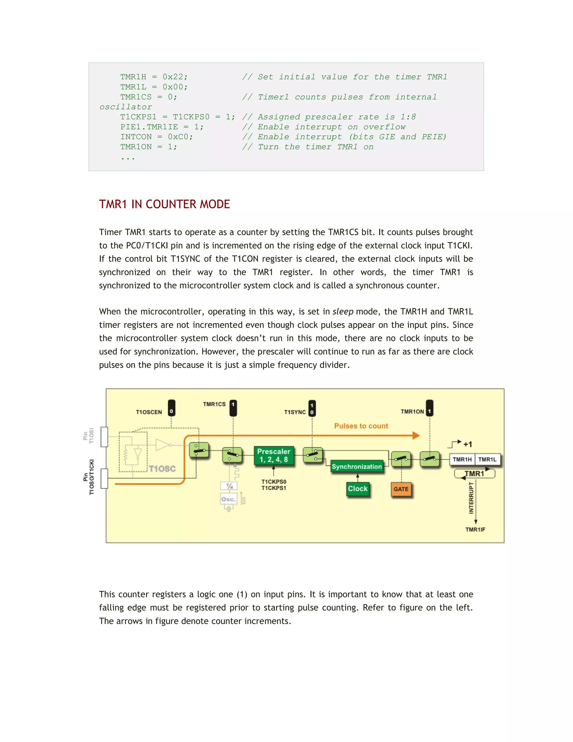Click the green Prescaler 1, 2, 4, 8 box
click(274, 455)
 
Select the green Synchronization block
click(356, 466)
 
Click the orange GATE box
click(401, 489)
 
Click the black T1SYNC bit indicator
click(312, 408)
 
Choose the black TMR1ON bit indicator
click(429, 408)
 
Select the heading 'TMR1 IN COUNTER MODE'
click(164, 204)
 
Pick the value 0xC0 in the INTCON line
click(180, 137)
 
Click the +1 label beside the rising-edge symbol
click(468, 444)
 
